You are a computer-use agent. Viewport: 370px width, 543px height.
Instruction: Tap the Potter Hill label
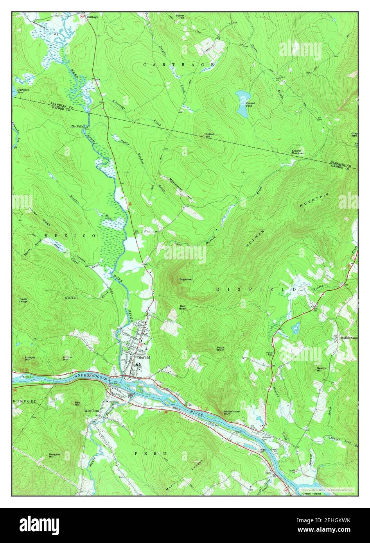[x=210, y=135]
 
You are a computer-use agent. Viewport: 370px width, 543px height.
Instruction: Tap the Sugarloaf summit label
[x=185, y=279]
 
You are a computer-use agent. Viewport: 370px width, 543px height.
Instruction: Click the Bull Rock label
[x=183, y=307]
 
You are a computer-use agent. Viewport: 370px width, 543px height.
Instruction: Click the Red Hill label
[x=77, y=404]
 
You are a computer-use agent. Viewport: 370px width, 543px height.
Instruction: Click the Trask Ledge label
[x=23, y=301]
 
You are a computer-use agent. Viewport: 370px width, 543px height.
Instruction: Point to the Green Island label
[x=311, y=494]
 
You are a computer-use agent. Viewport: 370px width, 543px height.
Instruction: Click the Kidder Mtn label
[x=67, y=358]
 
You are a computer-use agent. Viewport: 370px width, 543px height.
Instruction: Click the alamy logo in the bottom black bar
[x=39, y=523]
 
